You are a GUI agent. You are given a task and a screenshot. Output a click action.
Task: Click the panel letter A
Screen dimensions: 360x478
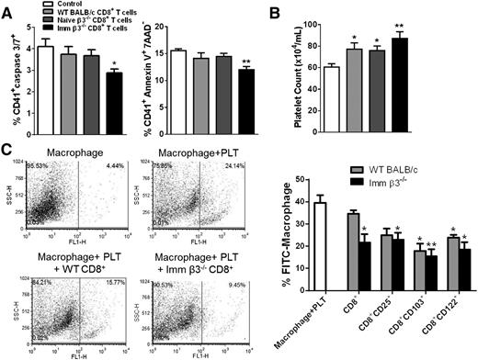pyautogui.click(x=7, y=8)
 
